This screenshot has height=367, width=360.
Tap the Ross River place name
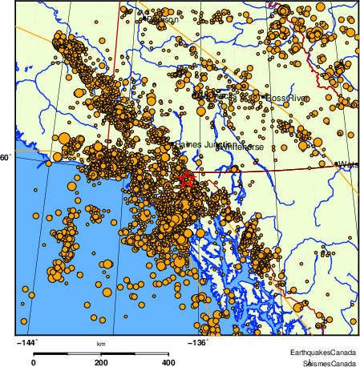click(286, 98)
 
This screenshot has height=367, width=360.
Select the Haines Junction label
click(196, 143)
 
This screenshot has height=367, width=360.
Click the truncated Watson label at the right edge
click(348, 164)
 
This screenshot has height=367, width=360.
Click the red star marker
click(186, 179)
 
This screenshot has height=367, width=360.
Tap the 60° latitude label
click(5, 158)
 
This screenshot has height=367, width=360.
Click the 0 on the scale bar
click(33, 361)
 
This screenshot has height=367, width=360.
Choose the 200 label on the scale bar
click(101, 361)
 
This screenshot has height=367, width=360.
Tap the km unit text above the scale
click(101, 345)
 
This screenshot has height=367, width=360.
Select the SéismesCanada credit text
click(325, 362)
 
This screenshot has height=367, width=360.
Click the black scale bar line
click(101, 353)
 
